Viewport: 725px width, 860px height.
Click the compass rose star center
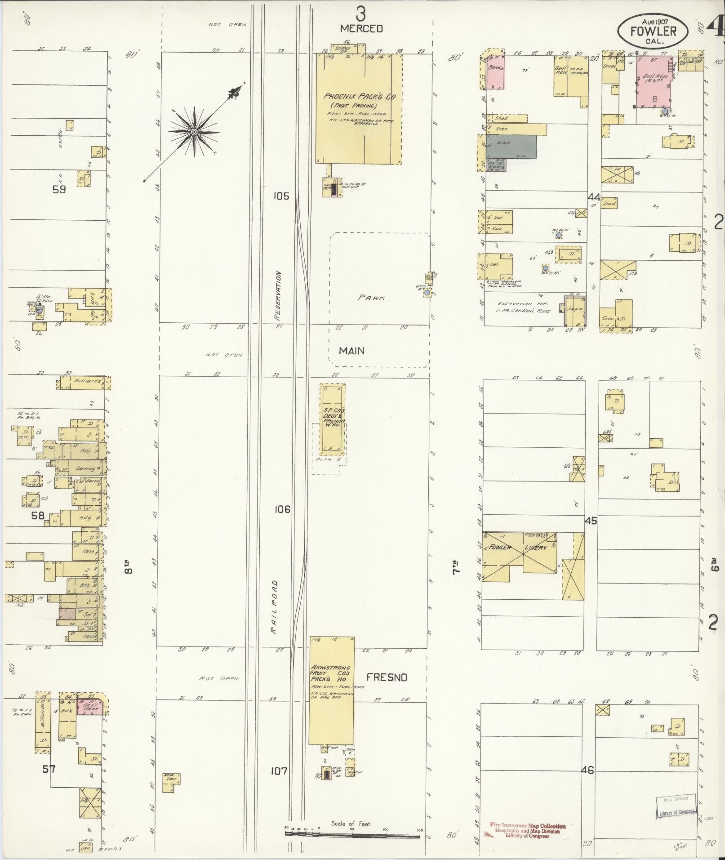tap(194, 132)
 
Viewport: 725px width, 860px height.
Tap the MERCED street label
tap(361, 29)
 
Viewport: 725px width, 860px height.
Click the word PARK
tap(372, 298)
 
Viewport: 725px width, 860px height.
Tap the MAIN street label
tap(351, 351)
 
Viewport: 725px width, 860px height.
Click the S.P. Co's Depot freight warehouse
tap(332, 419)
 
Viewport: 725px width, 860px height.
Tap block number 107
tap(279, 771)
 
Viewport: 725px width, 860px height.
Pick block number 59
tap(59, 189)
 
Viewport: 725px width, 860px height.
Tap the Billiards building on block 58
tap(85, 382)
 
